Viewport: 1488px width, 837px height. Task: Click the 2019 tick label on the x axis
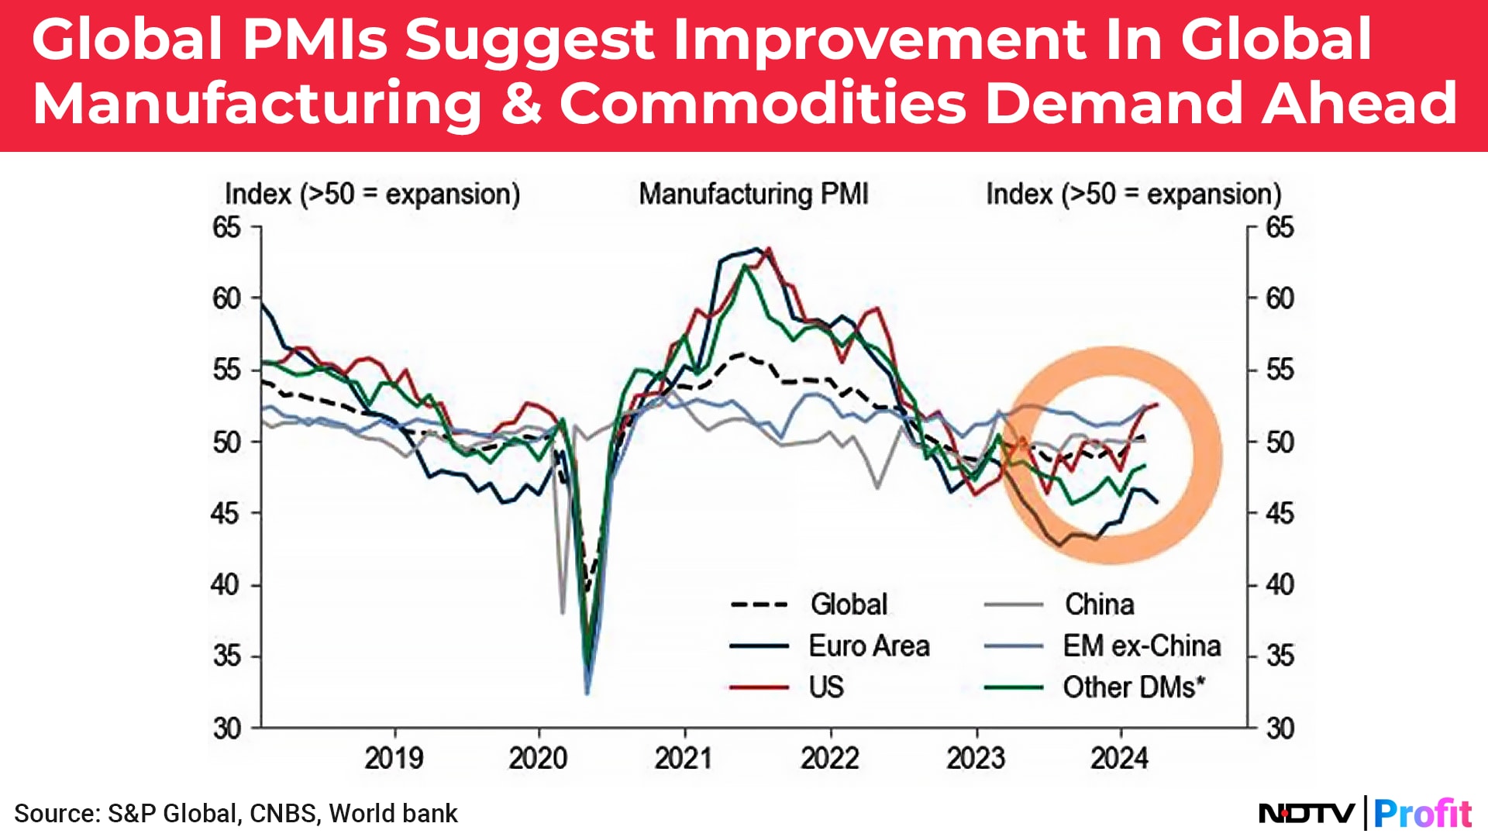tap(394, 758)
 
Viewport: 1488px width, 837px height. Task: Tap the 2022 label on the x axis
tap(830, 758)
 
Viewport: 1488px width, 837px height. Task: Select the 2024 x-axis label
tap(1120, 758)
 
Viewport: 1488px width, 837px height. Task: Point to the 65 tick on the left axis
tap(226, 228)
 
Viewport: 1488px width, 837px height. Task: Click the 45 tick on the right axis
tap(1280, 513)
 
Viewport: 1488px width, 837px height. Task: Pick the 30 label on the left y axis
tap(226, 728)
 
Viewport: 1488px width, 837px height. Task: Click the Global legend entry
tap(849, 604)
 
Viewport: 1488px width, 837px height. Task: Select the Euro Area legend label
tap(869, 646)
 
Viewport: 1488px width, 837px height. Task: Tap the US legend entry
tap(826, 687)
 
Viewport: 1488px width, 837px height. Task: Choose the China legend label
tap(1099, 604)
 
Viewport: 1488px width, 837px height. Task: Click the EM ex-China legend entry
tap(1142, 646)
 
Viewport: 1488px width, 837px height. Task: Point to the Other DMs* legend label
tap(1134, 687)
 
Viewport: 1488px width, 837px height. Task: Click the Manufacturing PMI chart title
tap(753, 194)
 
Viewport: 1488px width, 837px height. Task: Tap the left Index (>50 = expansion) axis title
tap(372, 194)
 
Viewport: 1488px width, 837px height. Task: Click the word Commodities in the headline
tap(763, 103)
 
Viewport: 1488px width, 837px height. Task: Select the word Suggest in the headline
tap(529, 40)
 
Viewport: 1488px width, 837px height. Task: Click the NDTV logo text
tap(1307, 814)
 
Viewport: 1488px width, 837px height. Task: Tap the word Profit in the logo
tap(1423, 814)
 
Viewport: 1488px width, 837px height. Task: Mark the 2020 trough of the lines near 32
tap(587, 690)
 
